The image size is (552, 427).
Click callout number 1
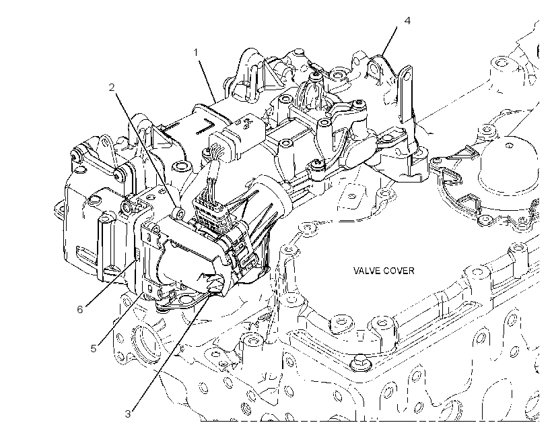196,53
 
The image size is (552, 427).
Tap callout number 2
112,88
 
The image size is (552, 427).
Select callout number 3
128,414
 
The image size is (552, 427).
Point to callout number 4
407,21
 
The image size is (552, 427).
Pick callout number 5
94,349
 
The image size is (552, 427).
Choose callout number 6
80,309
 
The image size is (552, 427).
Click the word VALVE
366,271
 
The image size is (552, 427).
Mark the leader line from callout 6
110,283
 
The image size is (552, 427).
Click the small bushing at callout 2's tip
179,213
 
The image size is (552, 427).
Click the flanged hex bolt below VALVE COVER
359,363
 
